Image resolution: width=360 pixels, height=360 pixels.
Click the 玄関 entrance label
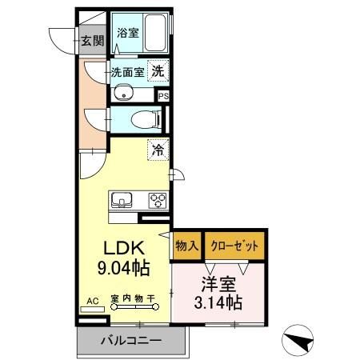pyautogui.click(x=92, y=41)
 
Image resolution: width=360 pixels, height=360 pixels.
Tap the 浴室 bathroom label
pyautogui.click(x=127, y=33)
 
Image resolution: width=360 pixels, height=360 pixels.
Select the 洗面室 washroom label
pyautogui.click(x=127, y=71)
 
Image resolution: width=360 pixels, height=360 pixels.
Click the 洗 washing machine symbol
pyautogui.click(x=158, y=70)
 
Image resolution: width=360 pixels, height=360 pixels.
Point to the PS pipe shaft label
pyautogui.click(x=164, y=95)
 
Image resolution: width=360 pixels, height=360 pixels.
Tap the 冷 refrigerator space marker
pyautogui.click(x=158, y=149)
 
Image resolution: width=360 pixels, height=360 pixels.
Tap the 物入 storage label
pyautogui.click(x=186, y=246)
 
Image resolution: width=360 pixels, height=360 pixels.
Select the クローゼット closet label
pyautogui.click(x=234, y=246)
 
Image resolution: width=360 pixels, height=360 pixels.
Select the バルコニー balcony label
pyautogui.click(x=130, y=340)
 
